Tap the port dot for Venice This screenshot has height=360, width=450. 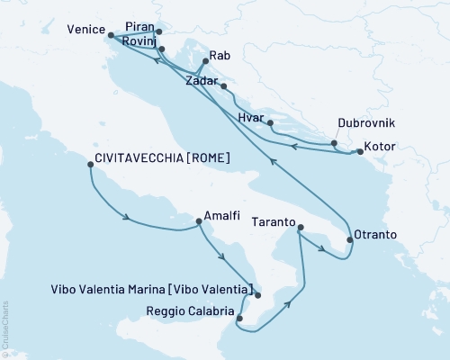click(110, 36)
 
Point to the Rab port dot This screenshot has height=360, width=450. click(206, 61)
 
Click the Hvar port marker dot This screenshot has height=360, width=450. click(270, 122)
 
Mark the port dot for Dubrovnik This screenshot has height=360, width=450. click(334, 143)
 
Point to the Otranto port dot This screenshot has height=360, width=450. click(348, 240)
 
